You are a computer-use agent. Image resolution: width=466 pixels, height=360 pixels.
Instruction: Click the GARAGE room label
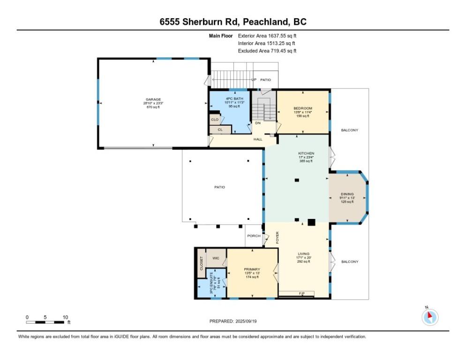point(153,99)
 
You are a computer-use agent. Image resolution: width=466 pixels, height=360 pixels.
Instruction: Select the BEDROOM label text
point(302,108)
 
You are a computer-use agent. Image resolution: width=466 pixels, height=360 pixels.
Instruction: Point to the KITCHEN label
point(306,153)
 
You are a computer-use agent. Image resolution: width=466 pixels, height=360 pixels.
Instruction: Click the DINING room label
point(347,194)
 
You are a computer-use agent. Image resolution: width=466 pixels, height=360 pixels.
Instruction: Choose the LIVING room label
point(303,254)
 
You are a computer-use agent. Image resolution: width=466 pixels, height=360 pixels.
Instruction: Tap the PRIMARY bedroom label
point(252,269)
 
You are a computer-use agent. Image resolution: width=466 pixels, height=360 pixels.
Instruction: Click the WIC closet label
point(216,258)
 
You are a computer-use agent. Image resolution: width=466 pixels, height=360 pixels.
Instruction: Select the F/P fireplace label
point(302,293)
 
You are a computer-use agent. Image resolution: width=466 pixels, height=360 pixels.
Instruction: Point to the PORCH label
point(254,236)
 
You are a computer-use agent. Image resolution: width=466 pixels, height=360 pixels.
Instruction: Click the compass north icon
point(429,317)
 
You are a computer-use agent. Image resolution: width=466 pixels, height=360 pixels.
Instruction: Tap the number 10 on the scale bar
point(65,317)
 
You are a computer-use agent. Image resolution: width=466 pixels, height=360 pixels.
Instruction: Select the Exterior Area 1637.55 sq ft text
point(267,35)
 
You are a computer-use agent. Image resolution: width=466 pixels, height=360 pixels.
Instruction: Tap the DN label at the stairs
point(257,123)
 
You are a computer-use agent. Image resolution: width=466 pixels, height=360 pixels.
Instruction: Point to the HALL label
point(258,139)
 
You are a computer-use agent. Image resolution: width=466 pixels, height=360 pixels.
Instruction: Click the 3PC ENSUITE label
point(211,283)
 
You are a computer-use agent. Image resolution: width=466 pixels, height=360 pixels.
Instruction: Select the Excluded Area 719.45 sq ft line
point(267,51)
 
